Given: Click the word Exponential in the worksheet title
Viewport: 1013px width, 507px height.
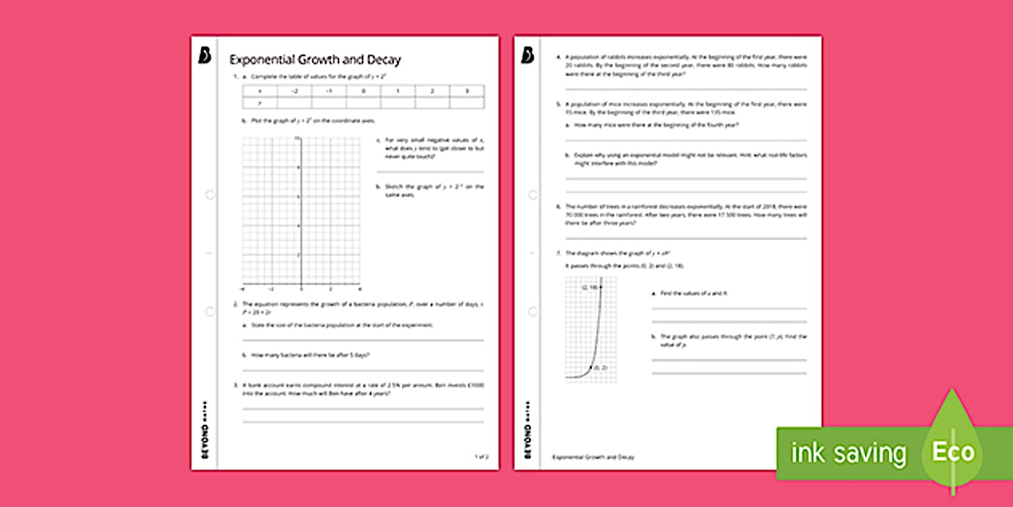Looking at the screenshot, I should (x=258, y=60).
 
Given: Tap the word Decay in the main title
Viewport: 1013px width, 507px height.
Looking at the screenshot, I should (x=383, y=60).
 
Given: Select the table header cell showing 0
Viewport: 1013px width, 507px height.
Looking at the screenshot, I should (x=363, y=92).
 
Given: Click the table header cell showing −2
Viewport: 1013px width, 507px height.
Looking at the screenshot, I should (x=294, y=92).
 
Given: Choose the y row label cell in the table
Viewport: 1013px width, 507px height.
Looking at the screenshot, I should (x=260, y=103).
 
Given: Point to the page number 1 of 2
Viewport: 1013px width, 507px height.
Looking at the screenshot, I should (x=481, y=456).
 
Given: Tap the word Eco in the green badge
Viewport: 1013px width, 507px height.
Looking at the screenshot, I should (x=953, y=451).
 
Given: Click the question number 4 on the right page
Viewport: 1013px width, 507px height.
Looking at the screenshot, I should (x=559, y=58).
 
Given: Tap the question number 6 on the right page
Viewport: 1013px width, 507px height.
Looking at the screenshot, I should (x=559, y=206).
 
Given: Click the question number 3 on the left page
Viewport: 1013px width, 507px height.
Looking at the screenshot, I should (x=236, y=386).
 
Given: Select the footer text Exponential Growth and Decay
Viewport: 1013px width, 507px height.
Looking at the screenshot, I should (x=593, y=457).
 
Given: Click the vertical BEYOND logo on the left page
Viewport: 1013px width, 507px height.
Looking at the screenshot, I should (x=203, y=430).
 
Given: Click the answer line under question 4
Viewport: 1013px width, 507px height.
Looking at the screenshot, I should (x=686, y=87).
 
